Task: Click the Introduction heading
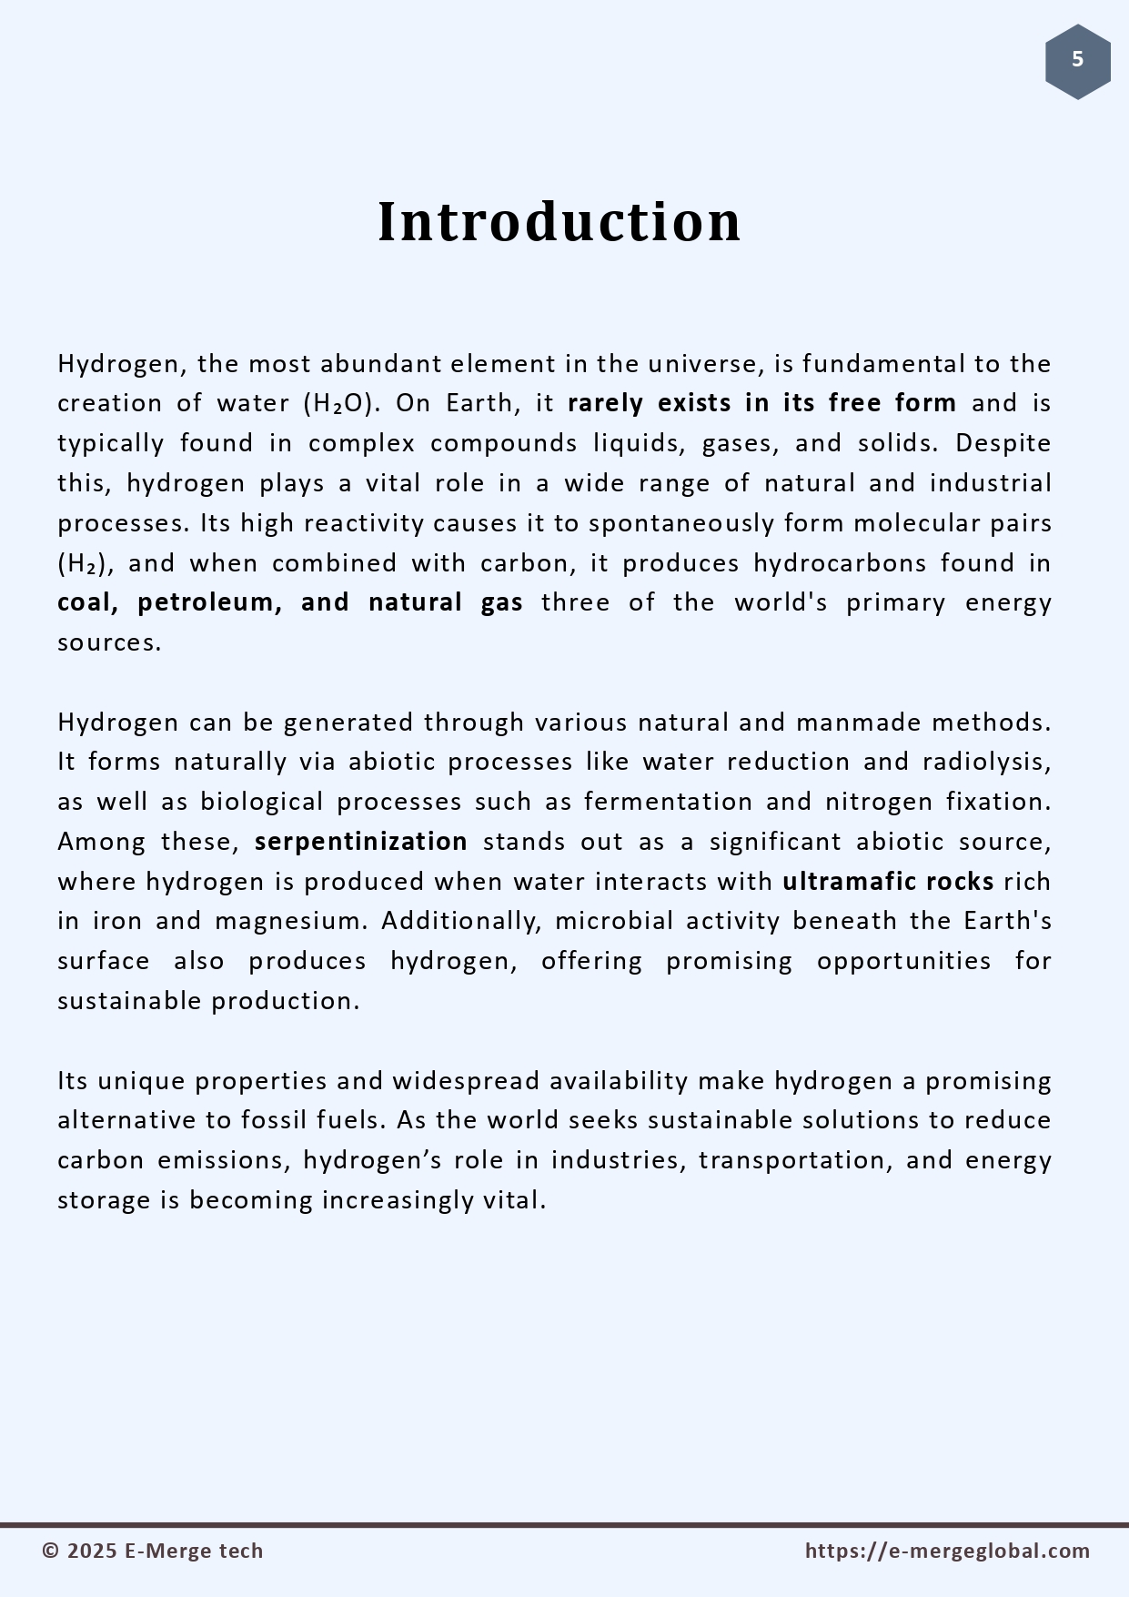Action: [559, 221]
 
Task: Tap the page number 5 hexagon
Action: [1077, 61]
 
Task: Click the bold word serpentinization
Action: [361, 842]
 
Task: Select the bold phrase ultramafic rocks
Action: [888, 882]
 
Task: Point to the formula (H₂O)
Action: [341, 403]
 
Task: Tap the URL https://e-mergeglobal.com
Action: [947, 1552]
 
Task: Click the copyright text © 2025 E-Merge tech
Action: [153, 1552]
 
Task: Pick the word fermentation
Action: [668, 802]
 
